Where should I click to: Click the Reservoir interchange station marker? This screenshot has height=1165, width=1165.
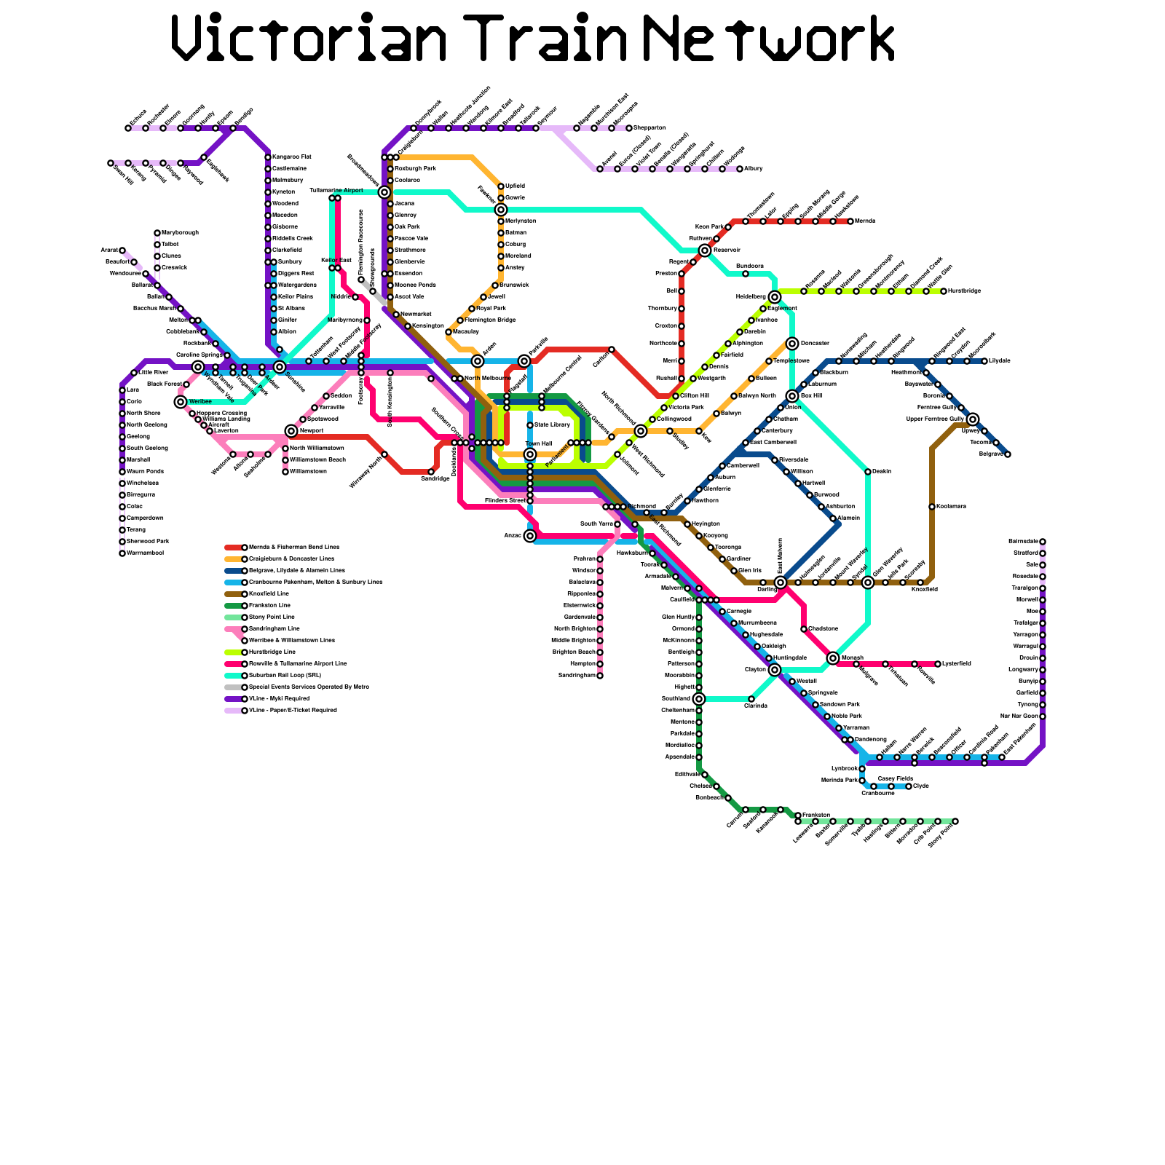coord(705,250)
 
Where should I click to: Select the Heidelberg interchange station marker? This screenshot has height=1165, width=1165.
coord(775,297)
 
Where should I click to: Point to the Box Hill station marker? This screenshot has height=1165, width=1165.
coord(792,396)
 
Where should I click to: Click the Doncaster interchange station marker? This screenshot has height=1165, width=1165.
coord(792,344)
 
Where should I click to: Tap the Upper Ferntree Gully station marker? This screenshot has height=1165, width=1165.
coord(973,419)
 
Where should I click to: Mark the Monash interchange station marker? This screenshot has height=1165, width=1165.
coord(833,658)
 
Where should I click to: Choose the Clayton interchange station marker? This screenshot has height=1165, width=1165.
coord(775,670)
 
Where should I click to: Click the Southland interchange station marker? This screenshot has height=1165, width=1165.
coord(699,699)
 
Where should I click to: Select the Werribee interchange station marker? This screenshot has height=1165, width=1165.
coord(181,402)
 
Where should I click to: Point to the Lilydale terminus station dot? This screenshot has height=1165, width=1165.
coord(984,361)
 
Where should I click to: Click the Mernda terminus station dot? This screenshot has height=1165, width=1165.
coord(850,221)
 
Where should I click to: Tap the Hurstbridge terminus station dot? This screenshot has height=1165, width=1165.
coord(944,291)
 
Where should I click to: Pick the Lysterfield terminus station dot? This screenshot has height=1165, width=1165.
coord(938,664)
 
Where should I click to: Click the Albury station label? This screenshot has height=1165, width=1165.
coord(754,169)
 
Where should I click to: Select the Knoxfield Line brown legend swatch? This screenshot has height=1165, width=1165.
coord(233,594)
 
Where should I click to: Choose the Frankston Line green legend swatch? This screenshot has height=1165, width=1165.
coord(233,606)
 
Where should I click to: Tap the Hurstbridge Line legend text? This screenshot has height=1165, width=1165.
coord(272,652)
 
